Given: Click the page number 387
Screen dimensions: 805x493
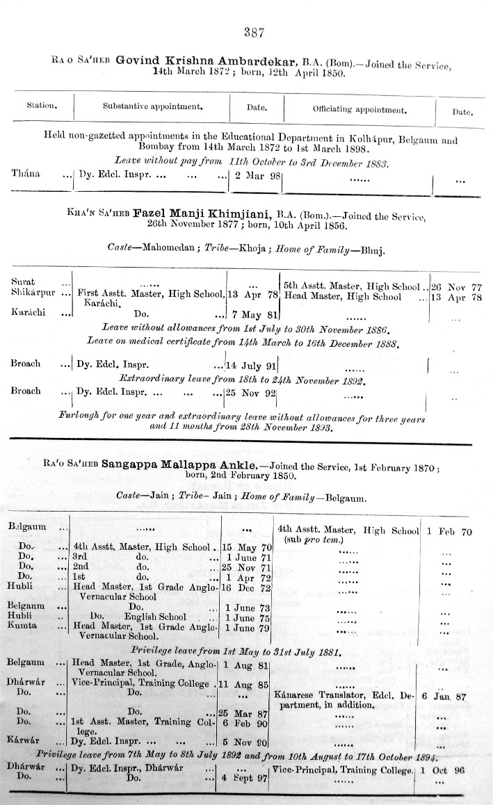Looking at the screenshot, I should (252, 32).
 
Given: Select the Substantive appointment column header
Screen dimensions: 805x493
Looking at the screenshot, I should (152, 108).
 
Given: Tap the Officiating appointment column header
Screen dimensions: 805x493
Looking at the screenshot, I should (359, 110).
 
